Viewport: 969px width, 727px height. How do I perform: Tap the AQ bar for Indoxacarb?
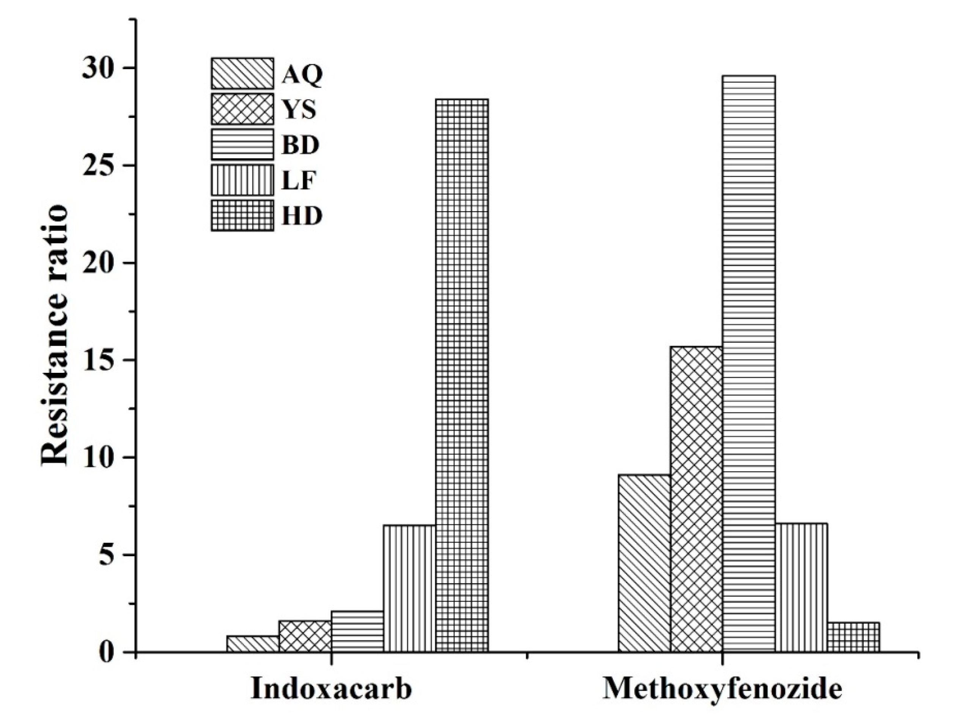tap(253, 644)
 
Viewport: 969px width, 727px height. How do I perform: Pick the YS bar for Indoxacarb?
tap(305, 636)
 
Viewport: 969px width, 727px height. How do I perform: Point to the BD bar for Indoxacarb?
tap(357, 631)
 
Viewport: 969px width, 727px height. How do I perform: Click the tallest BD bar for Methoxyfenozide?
tap(749, 364)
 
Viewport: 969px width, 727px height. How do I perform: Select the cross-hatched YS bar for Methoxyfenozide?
tap(697, 499)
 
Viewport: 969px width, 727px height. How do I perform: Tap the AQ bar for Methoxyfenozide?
tap(644, 563)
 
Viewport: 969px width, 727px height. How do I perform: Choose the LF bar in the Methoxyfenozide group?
tap(801, 588)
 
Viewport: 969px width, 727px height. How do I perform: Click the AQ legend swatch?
tap(242, 73)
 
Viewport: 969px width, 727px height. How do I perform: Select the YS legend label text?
tap(299, 110)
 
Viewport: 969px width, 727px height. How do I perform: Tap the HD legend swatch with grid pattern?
tap(242, 215)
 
